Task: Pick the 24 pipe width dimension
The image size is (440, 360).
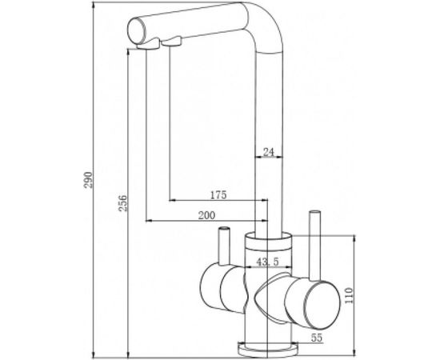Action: [x=269, y=150]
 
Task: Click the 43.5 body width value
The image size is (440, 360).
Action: [x=266, y=262]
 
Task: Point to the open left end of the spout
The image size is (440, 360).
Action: [x=137, y=34]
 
